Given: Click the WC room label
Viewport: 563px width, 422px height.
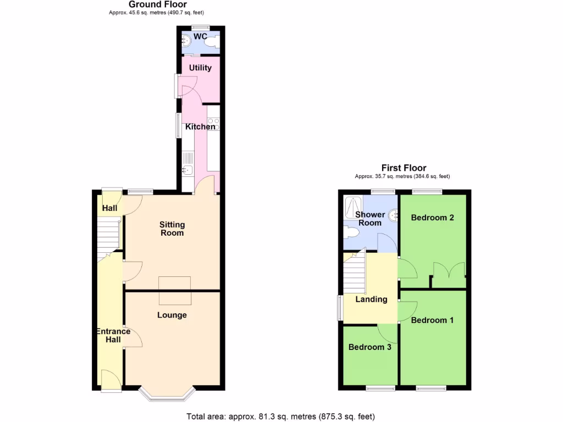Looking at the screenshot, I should pyautogui.click(x=200, y=37).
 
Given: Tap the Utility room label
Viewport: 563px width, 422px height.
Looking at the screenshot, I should pyautogui.click(x=200, y=68).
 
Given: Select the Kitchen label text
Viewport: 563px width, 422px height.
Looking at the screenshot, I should pyautogui.click(x=200, y=127).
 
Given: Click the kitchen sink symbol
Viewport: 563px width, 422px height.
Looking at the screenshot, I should pyautogui.click(x=187, y=170).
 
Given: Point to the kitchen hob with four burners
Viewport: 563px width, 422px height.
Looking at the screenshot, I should pyautogui.click(x=213, y=124).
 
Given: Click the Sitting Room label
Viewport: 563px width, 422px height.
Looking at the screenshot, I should pyautogui.click(x=172, y=229).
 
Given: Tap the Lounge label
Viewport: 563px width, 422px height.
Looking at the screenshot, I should pyautogui.click(x=172, y=315).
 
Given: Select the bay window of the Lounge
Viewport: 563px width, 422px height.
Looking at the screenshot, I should pyautogui.click(x=167, y=394).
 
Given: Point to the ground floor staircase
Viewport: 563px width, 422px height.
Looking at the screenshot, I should pyautogui.click(x=109, y=236).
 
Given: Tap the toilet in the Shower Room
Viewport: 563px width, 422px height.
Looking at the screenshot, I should pyautogui.click(x=350, y=233).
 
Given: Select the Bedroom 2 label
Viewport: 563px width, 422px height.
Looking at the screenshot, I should pyautogui.click(x=433, y=218).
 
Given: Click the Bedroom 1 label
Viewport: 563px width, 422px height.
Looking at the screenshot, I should pyautogui.click(x=432, y=320).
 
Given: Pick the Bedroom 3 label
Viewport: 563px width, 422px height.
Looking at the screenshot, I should pyautogui.click(x=370, y=347).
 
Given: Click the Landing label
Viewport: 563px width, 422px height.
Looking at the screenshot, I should pyautogui.click(x=371, y=299).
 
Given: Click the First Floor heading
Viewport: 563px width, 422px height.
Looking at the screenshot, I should pyautogui.click(x=404, y=168).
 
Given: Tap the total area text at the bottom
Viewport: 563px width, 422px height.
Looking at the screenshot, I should pyautogui.click(x=281, y=417).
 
